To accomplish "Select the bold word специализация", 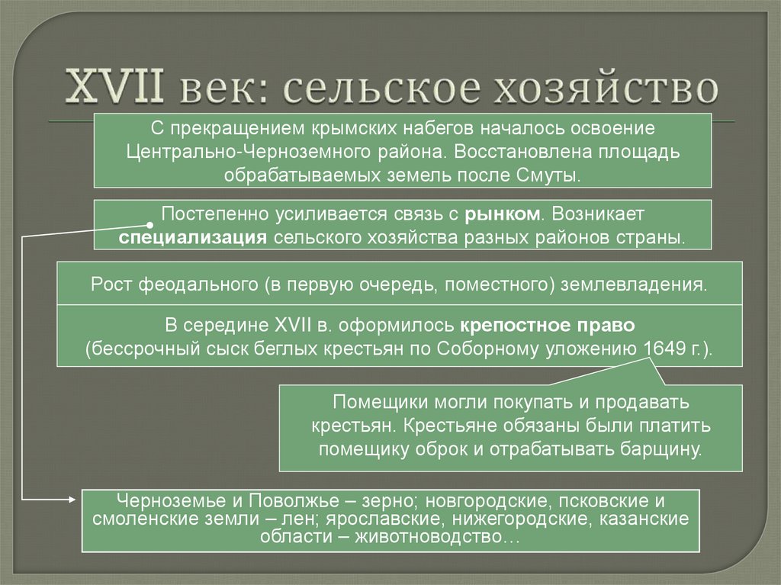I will tap(191, 236).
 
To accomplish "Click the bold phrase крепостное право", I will tap(547, 325).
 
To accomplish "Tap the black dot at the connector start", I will tap(148, 225).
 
